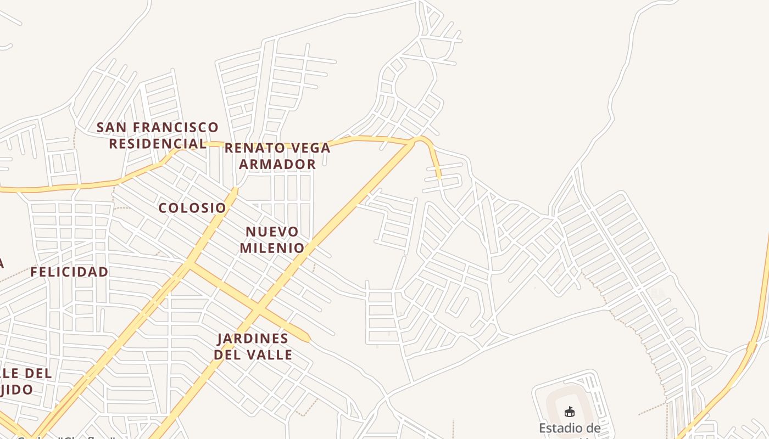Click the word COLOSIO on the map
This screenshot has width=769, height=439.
(192, 208)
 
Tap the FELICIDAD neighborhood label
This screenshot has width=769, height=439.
(69, 272)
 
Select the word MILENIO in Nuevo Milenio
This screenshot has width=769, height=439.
(272, 247)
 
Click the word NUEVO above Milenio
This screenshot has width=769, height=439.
(272, 232)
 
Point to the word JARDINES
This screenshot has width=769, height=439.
(253, 338)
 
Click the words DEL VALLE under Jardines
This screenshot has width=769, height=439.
(253, 354)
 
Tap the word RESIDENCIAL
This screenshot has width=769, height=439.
(158, 144)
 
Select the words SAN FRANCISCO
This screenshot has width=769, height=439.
(158, 127)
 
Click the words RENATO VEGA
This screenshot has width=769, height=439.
(277, 148)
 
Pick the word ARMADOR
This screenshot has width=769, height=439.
(277, 164)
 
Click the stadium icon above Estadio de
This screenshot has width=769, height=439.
(570, 412)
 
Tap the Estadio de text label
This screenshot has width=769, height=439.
(570, 428)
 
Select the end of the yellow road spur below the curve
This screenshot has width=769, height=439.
(439, 178)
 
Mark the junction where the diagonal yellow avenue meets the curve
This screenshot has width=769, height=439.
(413, 142)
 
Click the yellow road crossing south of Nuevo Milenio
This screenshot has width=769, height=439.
(257, 312)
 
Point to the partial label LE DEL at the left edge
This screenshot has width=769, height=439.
(26, 374)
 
